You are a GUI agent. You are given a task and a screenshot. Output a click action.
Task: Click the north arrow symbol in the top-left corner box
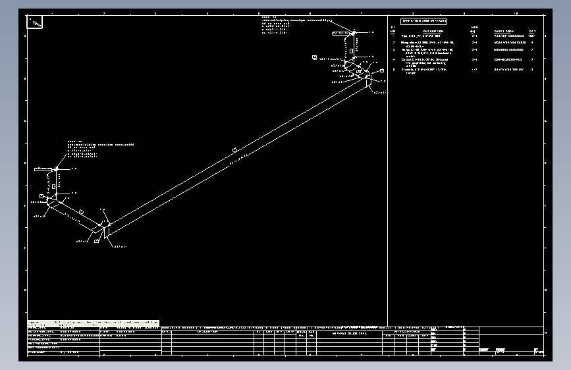tap(36, 23)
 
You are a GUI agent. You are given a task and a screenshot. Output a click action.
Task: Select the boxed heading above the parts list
tap(424, 22)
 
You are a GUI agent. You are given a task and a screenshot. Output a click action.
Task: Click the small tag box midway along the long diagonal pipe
tap(234, 151)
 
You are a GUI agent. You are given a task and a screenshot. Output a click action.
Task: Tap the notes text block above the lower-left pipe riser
tap(99, 149)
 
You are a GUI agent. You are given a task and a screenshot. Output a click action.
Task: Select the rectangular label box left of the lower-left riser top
tap(42, 170)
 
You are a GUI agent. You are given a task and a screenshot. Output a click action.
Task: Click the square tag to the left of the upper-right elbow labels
tap(314, 57)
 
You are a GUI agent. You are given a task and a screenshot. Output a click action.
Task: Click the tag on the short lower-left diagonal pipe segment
tap(81, 211)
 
